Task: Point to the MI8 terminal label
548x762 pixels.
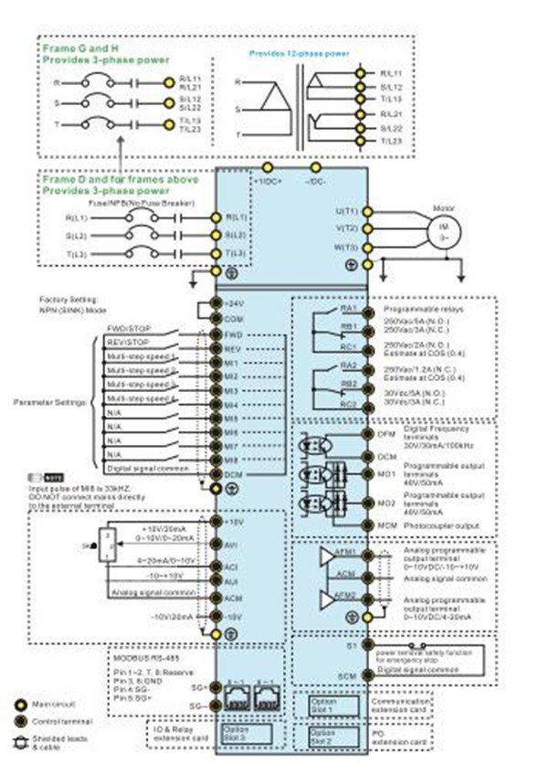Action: pos(231,461)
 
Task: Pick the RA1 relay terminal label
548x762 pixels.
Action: pos(348,309)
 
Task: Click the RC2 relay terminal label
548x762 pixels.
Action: pos(348,404)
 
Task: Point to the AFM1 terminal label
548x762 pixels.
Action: pos(344,553)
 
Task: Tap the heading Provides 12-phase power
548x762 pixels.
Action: pos(300,54)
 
